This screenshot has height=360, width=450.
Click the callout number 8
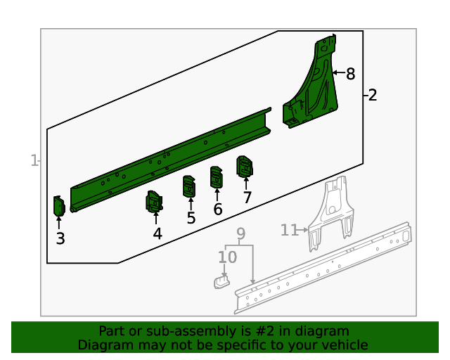coord(350,74)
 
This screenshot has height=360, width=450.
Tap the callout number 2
coord(372,95)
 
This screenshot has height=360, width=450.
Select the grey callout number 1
coord(34,160)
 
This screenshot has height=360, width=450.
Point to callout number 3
coord(60,238)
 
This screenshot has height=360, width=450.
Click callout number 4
coord(157,233)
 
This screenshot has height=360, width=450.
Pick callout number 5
coord(191,218)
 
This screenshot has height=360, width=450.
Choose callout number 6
coord(218,209)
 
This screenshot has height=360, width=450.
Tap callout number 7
coord(247,197)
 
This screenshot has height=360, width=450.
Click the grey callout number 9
coord(240,233)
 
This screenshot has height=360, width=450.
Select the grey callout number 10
coord(228,257)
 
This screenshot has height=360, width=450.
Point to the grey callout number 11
coord(289,230)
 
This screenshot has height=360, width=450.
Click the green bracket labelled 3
coord(59,206)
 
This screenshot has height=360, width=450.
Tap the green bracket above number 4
coord(155,201)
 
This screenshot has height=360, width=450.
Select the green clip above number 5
coord(189,186)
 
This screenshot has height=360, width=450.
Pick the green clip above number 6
coord(217,177)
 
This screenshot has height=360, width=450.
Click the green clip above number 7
coord(245,167)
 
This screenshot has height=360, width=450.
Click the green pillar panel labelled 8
coord(316,86)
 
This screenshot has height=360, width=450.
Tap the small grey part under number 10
coord(221,282)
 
